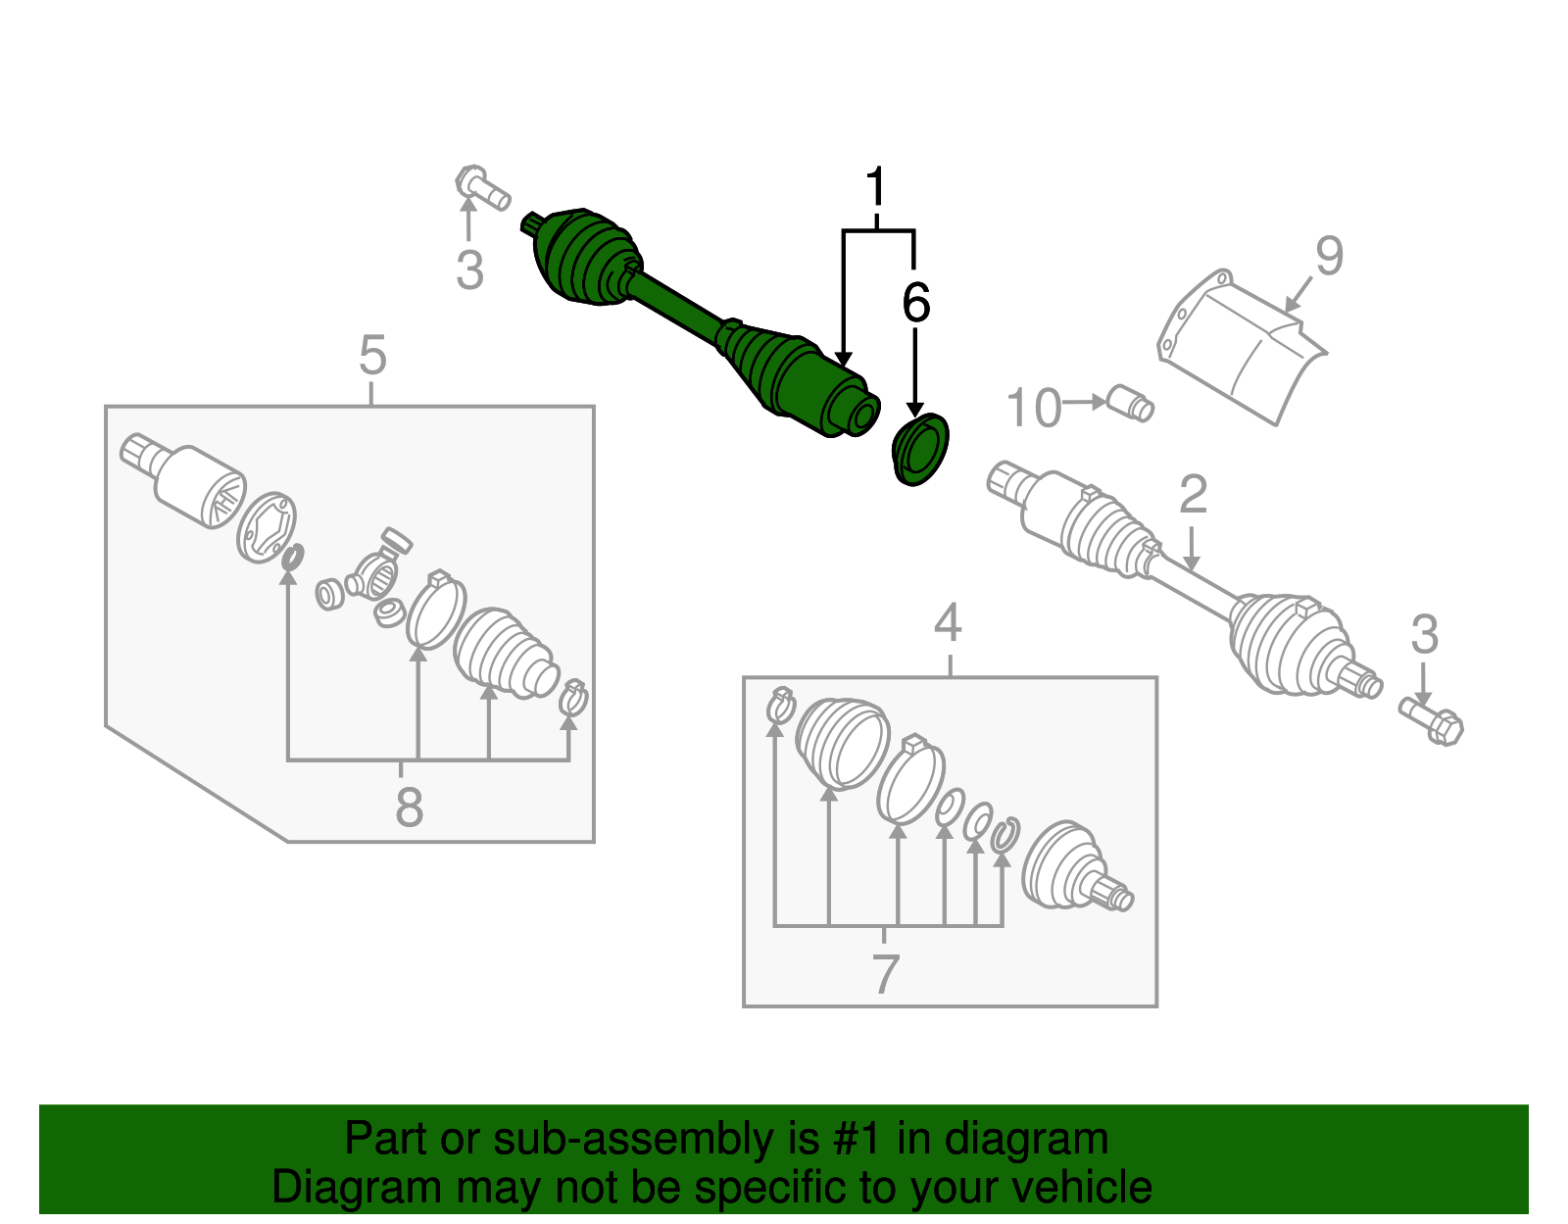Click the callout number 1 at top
(x=875, y=187)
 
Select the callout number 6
(x=915, y=303)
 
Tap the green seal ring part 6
(x=921, y=450)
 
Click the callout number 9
(x=1329, y=256)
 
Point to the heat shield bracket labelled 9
(x=1241, y=348)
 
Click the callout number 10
(x=1034, y=408)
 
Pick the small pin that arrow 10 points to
(x=1129, y=403)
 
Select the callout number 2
(x=1193, y=495)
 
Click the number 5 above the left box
(x=372, y=355)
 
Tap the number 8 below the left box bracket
(x=409, y=808)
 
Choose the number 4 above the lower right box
(x=948, y=623)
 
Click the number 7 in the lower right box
(x=885, y=974)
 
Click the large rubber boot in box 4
(x=842, y=741)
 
